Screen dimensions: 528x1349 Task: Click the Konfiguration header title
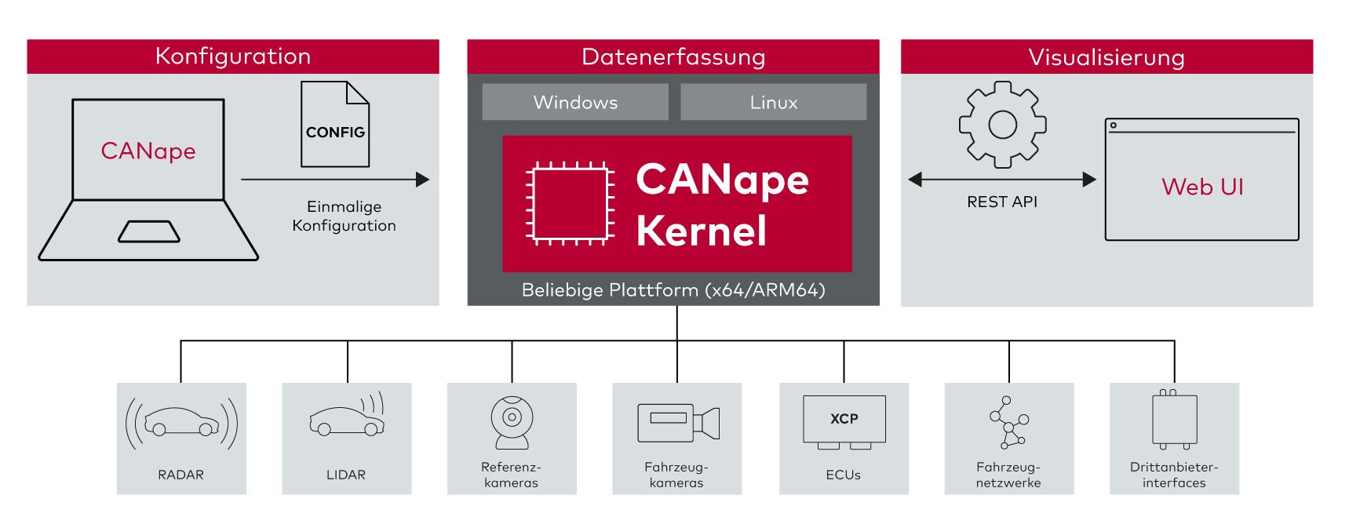[x=233, y=56]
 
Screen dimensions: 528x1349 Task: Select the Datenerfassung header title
[x=673, y=56]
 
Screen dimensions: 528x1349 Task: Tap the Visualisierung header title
[x=1107, y=57]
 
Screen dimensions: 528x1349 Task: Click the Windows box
[x=575, y=102]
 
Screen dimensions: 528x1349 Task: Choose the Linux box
[x=774, y=102]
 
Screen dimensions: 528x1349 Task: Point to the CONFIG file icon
[x=335, y=125]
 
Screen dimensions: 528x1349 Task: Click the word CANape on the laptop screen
[x=148, y=151]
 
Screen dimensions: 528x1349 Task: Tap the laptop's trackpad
[x=149, y=231]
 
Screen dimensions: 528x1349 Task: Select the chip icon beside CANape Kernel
[x=570, y=203]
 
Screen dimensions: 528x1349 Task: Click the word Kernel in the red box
[x=702, y=231]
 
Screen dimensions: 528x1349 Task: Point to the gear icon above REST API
[x=1002, y=125]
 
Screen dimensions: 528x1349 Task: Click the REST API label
[x=1002, y=202]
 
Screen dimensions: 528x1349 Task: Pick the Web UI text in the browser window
[x=1202, y=187]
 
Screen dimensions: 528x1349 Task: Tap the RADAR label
[x=180, y=475]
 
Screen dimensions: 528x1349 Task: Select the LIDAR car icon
[x=347, y=421]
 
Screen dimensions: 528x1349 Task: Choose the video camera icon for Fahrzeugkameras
[x=678, y=423]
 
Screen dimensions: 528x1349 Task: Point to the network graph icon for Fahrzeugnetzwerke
[x=1009, y=422]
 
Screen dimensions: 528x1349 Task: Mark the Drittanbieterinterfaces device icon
[x=1174, y=420]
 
